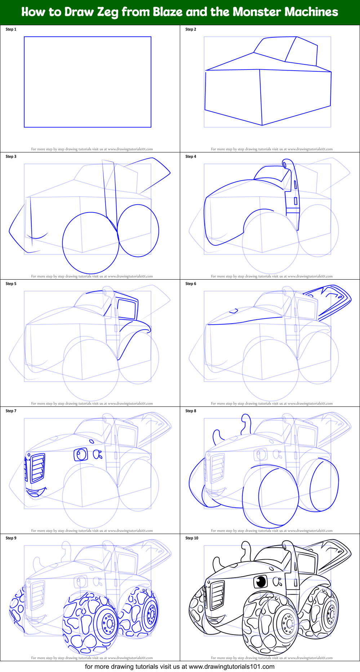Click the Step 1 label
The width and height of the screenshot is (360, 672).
click(11, 29)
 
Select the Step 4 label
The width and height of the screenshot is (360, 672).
click(191, 156)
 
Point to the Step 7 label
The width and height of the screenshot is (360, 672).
click(11, 411)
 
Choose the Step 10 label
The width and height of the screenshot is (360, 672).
click(192, 538)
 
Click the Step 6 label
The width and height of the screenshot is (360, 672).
click(191, 284)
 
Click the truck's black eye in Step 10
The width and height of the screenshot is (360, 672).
click(261, 581)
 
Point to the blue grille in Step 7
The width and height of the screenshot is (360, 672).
click(38, 468)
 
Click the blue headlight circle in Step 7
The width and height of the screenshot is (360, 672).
click(81, 454)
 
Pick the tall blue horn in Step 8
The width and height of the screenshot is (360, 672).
click(246, 424)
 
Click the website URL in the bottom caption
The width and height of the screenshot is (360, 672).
click(231, 667)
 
